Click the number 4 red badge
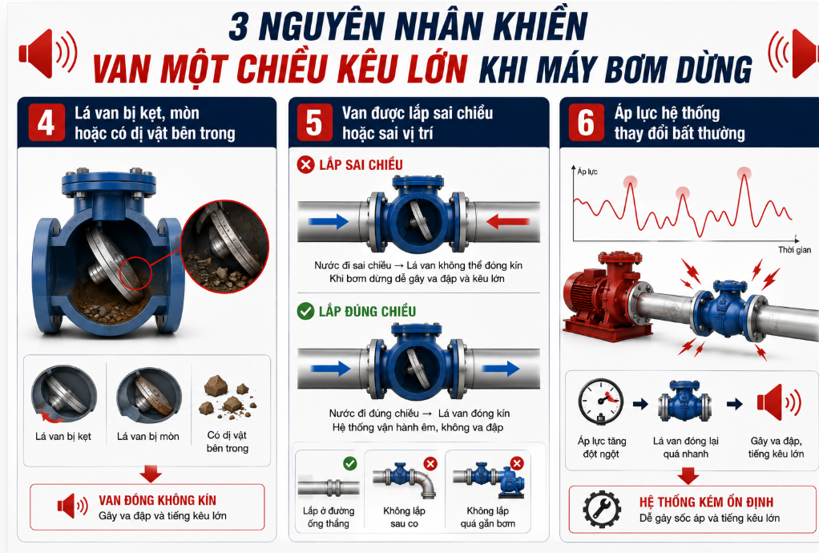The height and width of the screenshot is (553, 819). click(x=46, y=122)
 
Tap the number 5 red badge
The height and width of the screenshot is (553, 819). click(x=314, y=122)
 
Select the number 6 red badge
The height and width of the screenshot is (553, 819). click(x=586, y=122)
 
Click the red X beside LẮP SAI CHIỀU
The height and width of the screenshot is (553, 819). click(x=305, y=164)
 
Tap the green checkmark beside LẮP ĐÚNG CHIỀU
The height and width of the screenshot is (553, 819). click(x=305, y=311)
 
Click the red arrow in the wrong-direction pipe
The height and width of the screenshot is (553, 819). click(x=508, y=221)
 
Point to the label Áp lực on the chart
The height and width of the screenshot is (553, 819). click(x=587, y=172)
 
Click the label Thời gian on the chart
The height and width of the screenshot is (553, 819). click(x=794, y=249)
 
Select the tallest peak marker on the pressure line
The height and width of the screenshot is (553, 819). click(x=744, y=173)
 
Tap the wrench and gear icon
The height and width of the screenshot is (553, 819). click(x=603, y=509)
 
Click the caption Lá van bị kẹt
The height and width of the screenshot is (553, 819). click(x=63, y=437)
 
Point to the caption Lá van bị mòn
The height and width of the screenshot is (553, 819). click(x=147, y=437)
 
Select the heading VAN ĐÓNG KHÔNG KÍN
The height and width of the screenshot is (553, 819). click(x=157, y=500)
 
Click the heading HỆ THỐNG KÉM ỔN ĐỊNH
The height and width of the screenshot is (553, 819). click(x=706, y=503)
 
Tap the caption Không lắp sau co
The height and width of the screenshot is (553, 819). click(x=404, y=517)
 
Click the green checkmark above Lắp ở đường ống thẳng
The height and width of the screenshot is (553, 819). click(x=350, y=463)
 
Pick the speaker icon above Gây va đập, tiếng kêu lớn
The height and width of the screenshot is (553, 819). click(x=779, y=402)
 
